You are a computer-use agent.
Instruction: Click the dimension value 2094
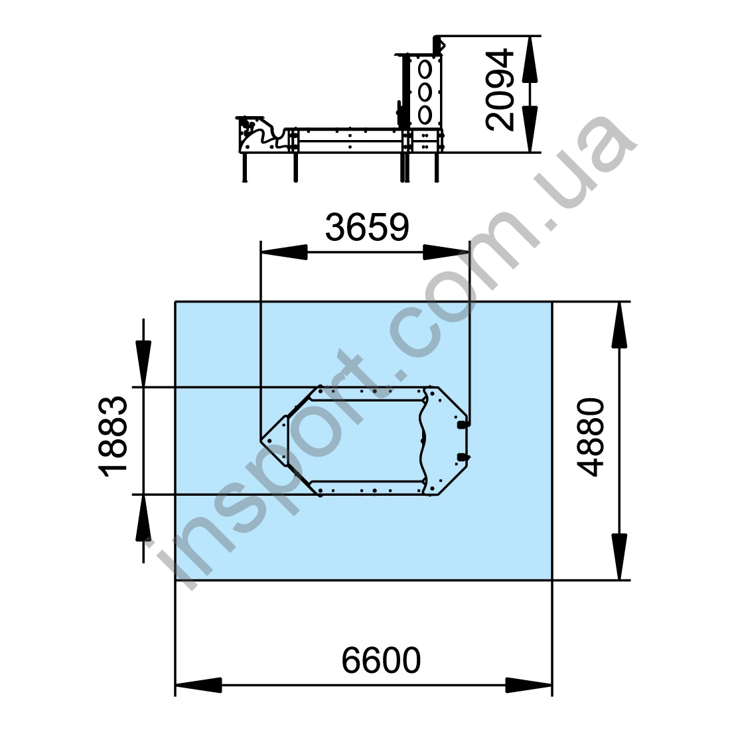[x=500, y=90]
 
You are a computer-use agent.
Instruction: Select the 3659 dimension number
[x=367, y=227]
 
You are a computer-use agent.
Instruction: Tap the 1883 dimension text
[x=113, y=436]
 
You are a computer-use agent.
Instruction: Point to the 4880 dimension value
[x=590, y=437]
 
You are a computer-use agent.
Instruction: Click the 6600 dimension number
[x=381, y=660]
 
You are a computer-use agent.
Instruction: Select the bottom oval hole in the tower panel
[x=425, y=115]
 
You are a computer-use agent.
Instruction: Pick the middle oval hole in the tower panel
[x=425, y=92]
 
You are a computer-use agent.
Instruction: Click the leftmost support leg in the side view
[x=245, y=167]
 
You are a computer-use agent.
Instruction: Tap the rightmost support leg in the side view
[x=436, y=167]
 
